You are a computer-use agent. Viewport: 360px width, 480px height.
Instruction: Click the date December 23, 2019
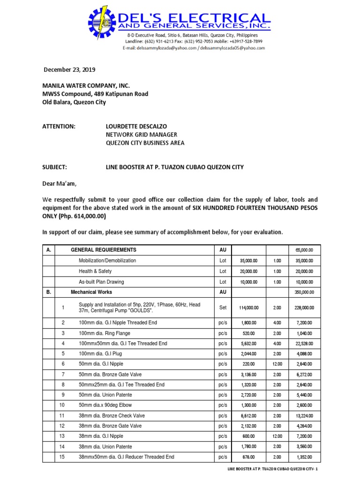(x=69, y=70)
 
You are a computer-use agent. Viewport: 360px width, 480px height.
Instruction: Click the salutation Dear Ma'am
(x=59, y=184)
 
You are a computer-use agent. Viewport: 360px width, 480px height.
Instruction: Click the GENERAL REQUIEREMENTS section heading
(x=104, y=250)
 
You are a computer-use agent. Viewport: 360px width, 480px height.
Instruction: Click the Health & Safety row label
(x=95, y=271)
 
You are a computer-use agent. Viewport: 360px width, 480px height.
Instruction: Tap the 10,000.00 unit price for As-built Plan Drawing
(x=248, y=282)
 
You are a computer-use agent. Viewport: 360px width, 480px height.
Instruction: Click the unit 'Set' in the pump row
(x=223, y=308)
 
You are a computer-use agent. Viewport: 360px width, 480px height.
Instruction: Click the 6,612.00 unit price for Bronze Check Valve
(x=248, y=416)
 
